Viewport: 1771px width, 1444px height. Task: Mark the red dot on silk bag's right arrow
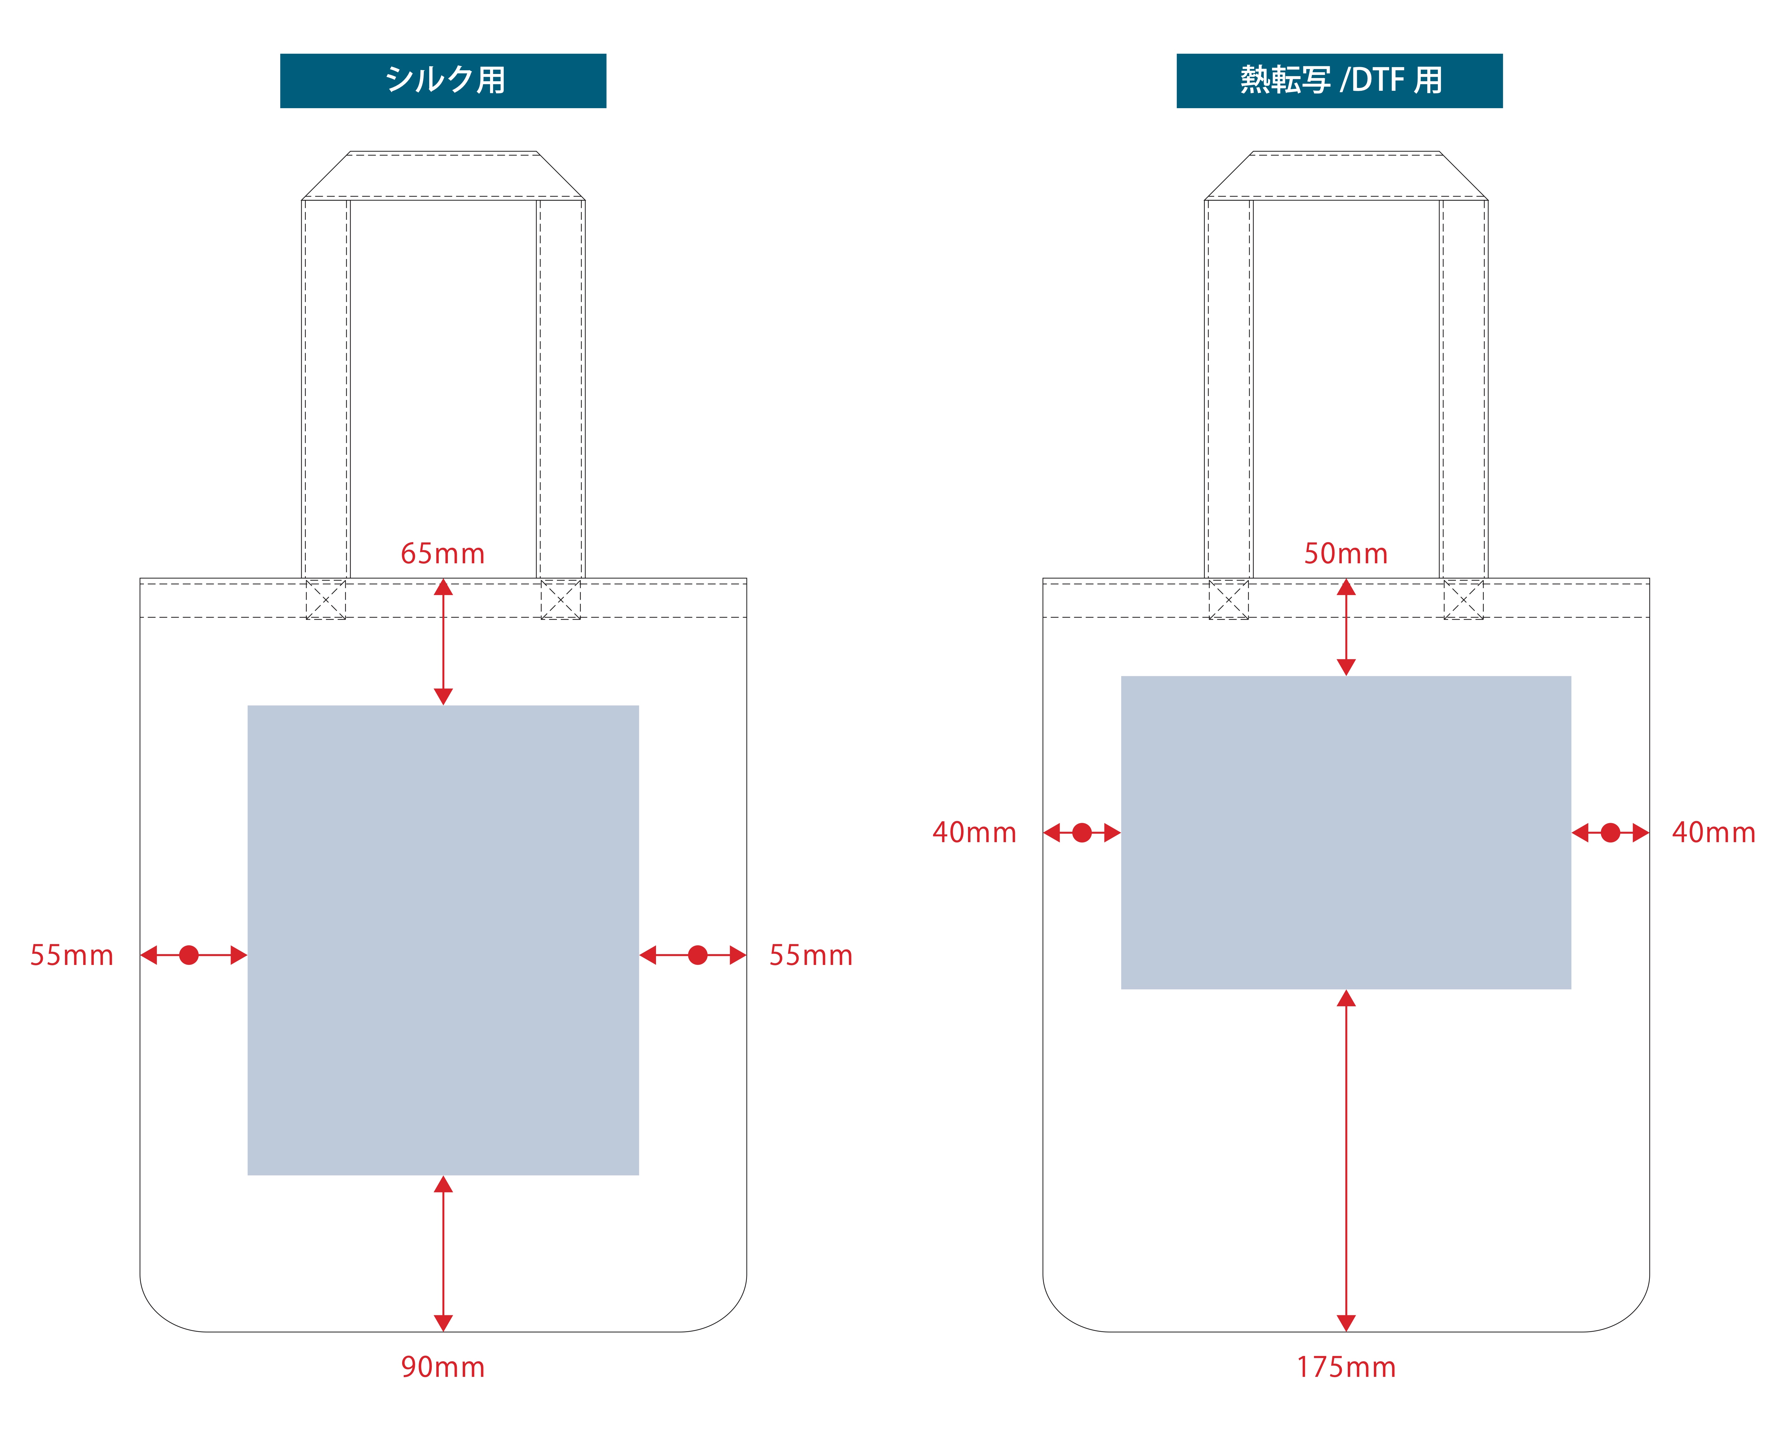pyautogui.click(x=698, y=955)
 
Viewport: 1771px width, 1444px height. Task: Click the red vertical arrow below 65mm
pyautogui.click(x=443, y=642)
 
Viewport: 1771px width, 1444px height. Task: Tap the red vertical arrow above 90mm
pyautogui.click(x=443, y=1253)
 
